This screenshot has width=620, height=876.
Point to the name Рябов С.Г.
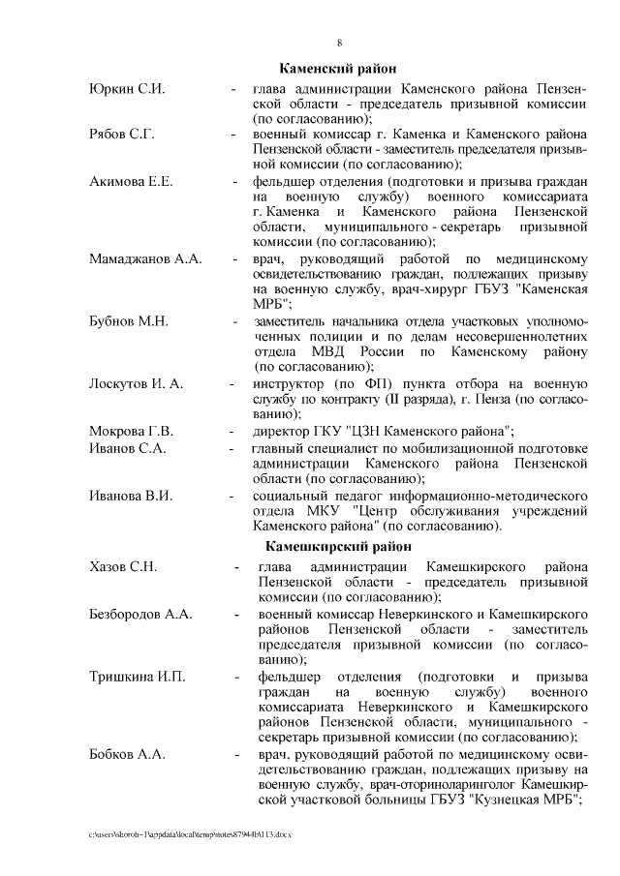(122, 135)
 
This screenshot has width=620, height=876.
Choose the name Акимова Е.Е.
(132, 180)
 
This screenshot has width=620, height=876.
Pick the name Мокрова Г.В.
(131, 430)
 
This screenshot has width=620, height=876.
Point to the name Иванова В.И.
(131, 496)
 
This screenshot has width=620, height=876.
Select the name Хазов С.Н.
(123, 565)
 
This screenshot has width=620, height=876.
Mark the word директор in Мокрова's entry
(281, 430)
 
